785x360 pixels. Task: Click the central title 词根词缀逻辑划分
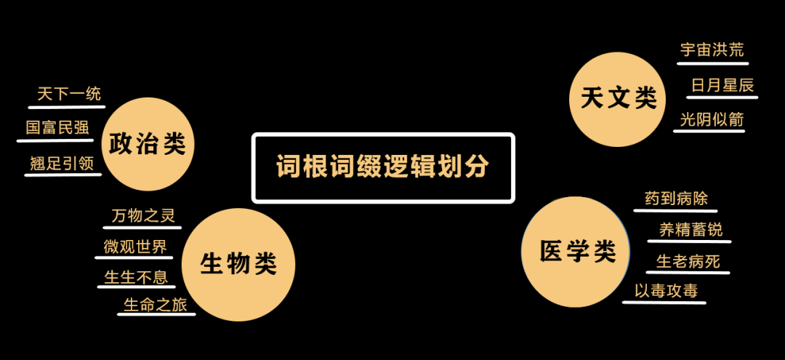coord(383,167)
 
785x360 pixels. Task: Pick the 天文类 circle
coord(618,98)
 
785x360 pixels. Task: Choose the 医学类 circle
coord(577,252)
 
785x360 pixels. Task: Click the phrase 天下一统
coord(69,94)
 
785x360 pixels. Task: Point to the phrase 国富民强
coord(57,128)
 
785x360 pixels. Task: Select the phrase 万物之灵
coord(143,216)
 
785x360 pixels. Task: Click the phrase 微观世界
coord(135,247)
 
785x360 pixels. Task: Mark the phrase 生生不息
coord(136,277)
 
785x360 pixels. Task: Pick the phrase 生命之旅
coord(156,305)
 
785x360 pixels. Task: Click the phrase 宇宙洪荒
coord(712,50)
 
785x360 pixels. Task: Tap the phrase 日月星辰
coord(722,85)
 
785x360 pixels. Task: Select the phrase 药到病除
coord(676,199)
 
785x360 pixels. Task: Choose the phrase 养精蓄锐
coord(691,230)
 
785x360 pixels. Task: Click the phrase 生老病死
coord(688,261)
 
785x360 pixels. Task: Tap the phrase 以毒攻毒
coord(666,291)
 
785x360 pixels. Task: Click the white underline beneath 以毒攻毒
coord(664,302)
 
